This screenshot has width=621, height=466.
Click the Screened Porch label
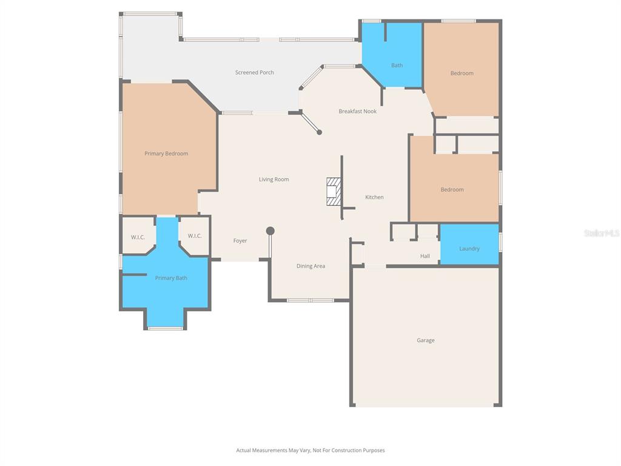pyautogui.click(x=255, y=73)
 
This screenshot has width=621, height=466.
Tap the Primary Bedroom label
pyautogui.click(x=166, y=154)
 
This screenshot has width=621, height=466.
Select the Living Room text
pyautogui.click(x=274, y=180)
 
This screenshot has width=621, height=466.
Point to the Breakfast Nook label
pyautogui.click(x=357, y=112)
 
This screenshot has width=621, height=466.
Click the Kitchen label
pyautogui.click(x=374, y=198)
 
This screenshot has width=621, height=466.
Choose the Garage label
pyautogui.click(x=425, y=341)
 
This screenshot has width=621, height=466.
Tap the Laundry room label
pyautogui.click(x=469, y=249)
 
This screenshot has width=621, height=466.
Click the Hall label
pyautogui.click(x=425, y=257)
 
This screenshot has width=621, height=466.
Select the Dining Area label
pyautogui.click(x=310, y=266)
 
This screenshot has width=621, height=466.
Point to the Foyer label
pyautogui.click(x=240, y=241)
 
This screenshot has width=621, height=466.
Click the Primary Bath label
pyautogui.click(x=171, y=279)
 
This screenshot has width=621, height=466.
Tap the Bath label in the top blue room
pyautogui.click(x=397, y=66)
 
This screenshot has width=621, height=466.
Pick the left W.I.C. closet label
pyautogui.click(x=138, y=237)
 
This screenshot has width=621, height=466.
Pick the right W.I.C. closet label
pyautogui.click(x=195, y=236)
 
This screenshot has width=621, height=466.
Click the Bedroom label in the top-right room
pyautogui.click(x=462, y=73)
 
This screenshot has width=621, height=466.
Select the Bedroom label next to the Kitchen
pyautogui.click(x=452, y=190)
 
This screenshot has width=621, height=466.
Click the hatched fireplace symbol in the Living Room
pyautogui.click(x=334, y=191)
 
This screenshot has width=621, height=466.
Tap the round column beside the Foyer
pyautogui.click(x=270, y=231)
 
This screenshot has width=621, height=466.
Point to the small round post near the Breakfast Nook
pyautogui.click(x=320, y=132)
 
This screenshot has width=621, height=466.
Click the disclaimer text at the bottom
pyautogui.click(x=310, y=451)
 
